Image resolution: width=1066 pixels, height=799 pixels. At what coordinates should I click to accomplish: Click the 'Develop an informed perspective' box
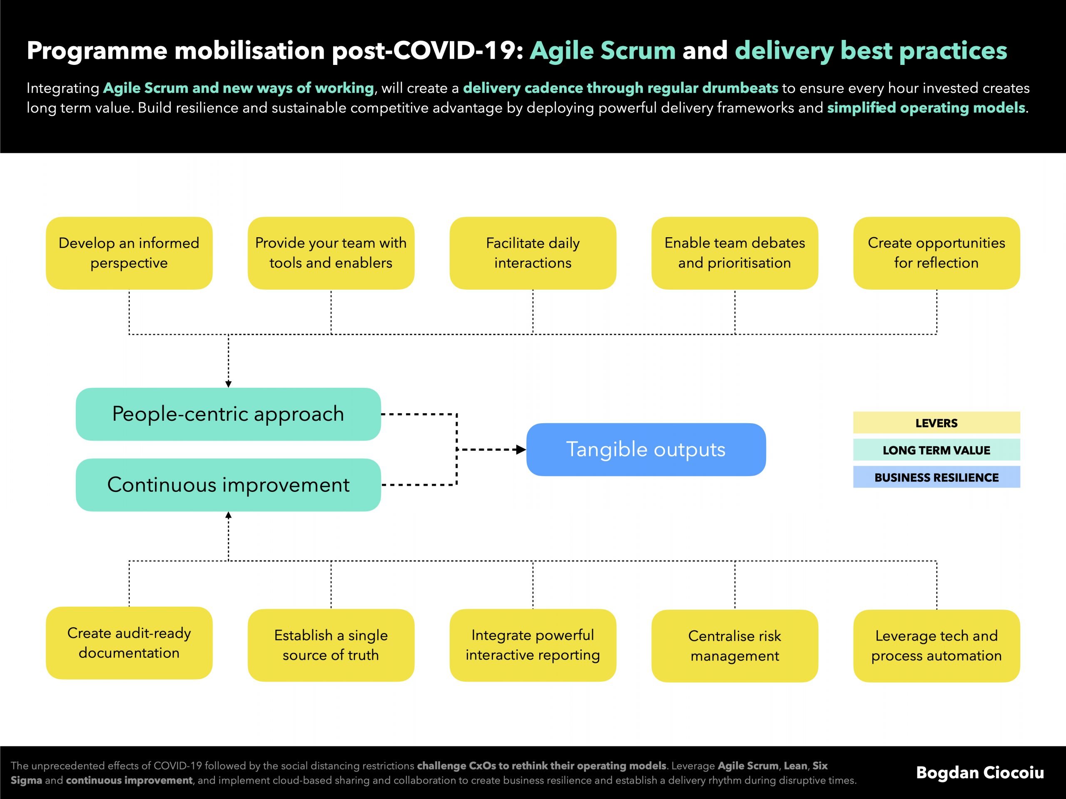click(x=129, y=253)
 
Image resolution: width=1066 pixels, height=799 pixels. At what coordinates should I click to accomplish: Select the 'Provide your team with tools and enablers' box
click(x=331, y=253)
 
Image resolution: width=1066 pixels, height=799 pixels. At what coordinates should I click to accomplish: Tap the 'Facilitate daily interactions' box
click(x=533, y=253)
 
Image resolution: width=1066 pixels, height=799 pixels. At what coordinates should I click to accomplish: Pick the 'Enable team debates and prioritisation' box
click(x=735, y=253)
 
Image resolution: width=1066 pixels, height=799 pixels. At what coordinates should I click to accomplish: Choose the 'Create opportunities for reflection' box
click(x=937, y=253)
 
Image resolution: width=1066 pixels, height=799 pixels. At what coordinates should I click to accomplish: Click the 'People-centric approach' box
click(x=229, y=414)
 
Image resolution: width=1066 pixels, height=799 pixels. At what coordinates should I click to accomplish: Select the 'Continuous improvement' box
click(x=229, y=485)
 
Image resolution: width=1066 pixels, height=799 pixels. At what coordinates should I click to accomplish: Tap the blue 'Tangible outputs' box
click(x=646, y=450)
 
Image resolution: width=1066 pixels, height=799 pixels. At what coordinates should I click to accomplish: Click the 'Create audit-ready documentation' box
click(x=129, y=643)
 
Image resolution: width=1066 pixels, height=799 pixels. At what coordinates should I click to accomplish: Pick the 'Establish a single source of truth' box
click(x=331, y=645)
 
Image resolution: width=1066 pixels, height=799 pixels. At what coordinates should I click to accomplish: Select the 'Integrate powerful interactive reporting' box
click(x=533, y=645)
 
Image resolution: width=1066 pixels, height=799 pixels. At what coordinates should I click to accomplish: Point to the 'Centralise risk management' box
click(x=735, y=646)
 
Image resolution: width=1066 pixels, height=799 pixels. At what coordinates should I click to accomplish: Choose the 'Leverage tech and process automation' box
click(x=937, y=646)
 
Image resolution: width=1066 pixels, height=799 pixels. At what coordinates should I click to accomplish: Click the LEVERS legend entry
click(x=937, y=423)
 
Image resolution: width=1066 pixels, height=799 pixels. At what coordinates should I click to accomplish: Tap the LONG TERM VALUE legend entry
click(x=937, y=450)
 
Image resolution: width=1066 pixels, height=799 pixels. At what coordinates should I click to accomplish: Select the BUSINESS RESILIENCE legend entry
click(x=937, y=477)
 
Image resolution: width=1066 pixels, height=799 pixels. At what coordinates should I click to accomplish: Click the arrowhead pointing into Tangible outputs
click(x=521, y=450)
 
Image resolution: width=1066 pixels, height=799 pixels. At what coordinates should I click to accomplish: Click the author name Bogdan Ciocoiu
click(x=980, y=772)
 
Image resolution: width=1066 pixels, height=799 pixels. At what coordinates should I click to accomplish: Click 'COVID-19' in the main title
click(x=455, y=51)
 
